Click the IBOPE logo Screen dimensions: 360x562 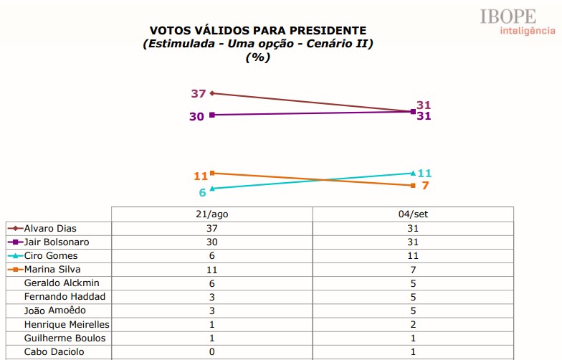[x=518, y=20]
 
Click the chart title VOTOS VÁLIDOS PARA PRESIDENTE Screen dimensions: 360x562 [x=257, y=30]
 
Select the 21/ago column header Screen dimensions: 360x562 [x=211, y=214]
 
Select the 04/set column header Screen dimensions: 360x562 [x=413, y=214]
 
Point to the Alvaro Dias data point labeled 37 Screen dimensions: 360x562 [x=212, y=93]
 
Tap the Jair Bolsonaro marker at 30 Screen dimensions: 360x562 [x=212, y=115]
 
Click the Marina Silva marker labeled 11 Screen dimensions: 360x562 [x=212, y=173]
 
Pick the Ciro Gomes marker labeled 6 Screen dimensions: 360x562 [x=212, y=189]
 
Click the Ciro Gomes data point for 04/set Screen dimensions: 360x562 [x=413, y=173]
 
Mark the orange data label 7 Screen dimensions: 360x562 [x=424, y=186]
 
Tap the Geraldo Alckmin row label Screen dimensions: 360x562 [x=62, y=283]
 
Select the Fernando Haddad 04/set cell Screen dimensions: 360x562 [x=413, y=297]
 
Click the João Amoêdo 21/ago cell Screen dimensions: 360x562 [x=211, y=311]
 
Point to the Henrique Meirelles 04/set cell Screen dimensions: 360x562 [x=413, y=324]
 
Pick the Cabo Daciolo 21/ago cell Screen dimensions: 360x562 [x=211, y=351]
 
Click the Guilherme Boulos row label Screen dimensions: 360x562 [x=65, y=338]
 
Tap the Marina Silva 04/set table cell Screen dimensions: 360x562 [x=413, y=270]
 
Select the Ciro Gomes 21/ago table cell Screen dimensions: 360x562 [x=211, y=256]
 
